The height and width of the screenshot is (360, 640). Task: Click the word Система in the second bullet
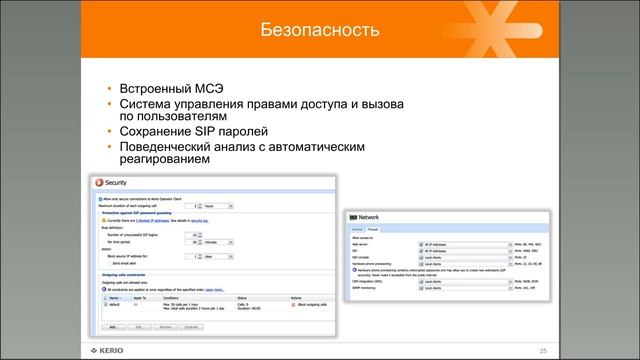146,103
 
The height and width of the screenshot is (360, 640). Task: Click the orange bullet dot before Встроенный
109,89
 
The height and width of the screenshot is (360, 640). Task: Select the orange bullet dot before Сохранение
109,132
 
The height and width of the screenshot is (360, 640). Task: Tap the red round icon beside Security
98,183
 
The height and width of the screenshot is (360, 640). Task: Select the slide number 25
542,350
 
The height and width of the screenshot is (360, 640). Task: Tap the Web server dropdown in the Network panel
451,242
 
